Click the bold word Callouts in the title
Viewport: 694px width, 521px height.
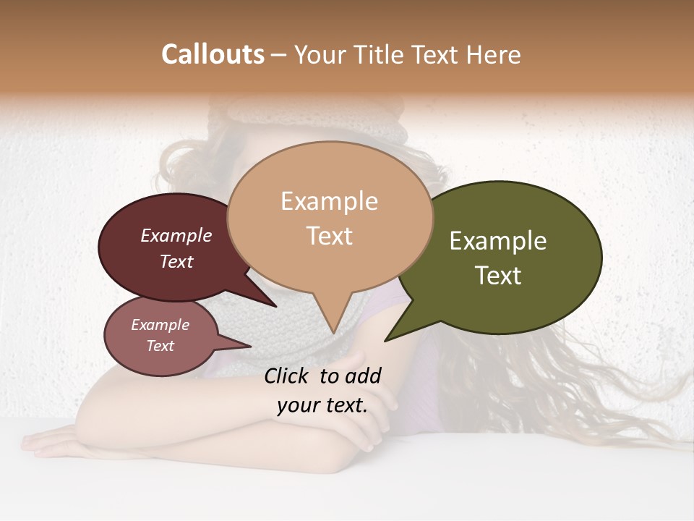(213, 54)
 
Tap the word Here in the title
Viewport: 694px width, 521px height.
(492, 54)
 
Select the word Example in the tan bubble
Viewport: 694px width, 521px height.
(329, 201)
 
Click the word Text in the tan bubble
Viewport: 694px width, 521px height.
(329, 235)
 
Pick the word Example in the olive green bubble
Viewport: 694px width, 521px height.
(498, 241)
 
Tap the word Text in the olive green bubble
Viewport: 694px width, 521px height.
(498, 276)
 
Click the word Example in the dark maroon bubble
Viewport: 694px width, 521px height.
(176, 235)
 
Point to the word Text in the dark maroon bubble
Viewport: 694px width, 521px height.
(176, 261)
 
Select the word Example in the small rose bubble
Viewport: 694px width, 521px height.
(160, 325)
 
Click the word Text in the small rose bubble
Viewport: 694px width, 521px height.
(160, 346)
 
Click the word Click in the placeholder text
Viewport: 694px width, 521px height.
(288, 376)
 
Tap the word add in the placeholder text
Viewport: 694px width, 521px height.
(363, 376)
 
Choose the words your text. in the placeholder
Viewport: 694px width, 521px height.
(322, 405)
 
